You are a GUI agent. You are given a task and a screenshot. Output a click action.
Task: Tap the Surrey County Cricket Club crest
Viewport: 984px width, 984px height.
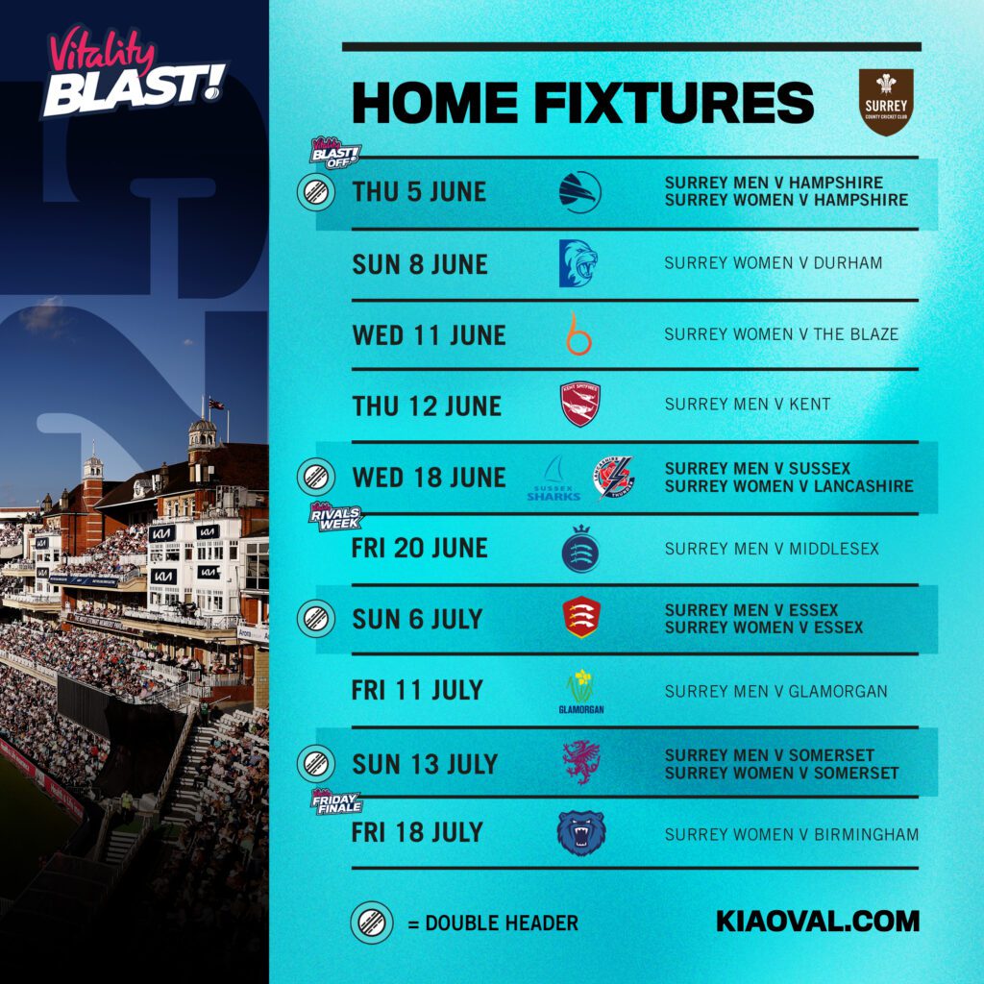click(x=885, y=102)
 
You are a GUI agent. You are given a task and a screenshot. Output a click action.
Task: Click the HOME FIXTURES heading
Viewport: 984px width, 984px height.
click(x=583, y=103)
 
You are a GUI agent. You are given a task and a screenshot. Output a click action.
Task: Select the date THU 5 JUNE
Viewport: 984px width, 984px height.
click(x=419, y=191)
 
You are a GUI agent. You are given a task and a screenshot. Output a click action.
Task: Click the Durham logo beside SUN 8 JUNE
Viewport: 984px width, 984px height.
click(x=579, y=263)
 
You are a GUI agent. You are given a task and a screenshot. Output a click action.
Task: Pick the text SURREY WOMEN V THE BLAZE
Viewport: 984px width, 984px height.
click(x=781, y=334)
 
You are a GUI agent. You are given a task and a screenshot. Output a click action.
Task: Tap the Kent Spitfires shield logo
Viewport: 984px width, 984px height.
click(x=580, y=405)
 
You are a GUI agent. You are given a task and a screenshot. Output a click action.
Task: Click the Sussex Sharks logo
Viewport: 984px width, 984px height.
click(x=553, y=479)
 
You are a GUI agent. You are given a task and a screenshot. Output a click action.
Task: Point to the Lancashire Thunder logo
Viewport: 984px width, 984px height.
click(x=613, y=478)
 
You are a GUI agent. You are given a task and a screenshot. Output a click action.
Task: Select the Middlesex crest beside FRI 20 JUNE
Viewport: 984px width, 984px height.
click(x=580, y=550)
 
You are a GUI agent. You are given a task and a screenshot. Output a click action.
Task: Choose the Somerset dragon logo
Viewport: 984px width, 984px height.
click(x=581, y=763)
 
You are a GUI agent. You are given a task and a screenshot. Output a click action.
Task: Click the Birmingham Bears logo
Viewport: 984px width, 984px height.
click(x=581, y=833)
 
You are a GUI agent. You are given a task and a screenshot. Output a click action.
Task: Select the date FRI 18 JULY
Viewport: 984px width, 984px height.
click(x=417, y=832)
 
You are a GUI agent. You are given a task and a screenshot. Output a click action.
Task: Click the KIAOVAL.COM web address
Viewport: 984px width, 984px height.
click(x=818, y=922)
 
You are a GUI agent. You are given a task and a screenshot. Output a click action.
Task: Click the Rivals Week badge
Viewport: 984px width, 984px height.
click(x=335, y=517)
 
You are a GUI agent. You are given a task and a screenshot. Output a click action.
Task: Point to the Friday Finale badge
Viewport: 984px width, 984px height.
click(x=335, y=801)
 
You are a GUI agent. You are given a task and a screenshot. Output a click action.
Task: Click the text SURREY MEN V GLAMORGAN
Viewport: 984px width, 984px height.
click(x=775, y=691)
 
